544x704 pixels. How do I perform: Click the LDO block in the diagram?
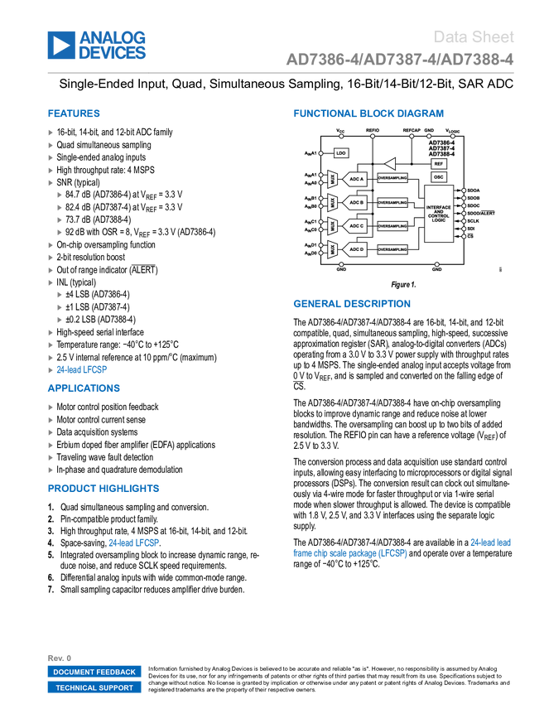[x=341, y=153]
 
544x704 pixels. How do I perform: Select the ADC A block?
[x=356, y=178]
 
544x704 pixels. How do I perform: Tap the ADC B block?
[x=356, y=202]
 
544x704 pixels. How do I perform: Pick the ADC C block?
[x=356, y=225]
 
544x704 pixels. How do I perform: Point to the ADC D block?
[x=356, y=249]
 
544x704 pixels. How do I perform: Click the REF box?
[x=439, y=164]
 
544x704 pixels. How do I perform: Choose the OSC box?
[x=439, y=177]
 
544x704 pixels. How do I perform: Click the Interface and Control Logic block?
[x=439, y=213]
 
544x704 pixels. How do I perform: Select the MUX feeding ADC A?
[x=333, y=178]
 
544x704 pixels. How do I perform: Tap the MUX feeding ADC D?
[x=333, y=249]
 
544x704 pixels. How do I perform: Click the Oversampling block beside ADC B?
[x=392, y=202]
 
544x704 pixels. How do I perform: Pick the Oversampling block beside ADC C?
[x=392, y=225]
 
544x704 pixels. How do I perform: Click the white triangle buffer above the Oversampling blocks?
[x=390, y=164]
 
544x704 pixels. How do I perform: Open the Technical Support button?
[x=94, y=687]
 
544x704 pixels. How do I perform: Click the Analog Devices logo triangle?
[x=60, y=46]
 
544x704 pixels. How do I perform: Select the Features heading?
[x=74, y=114]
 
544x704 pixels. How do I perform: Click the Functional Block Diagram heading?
[x=368, y=113]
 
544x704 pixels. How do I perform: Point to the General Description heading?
[x=351, y=304]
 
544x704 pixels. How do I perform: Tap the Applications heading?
[x=84, y=388]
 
